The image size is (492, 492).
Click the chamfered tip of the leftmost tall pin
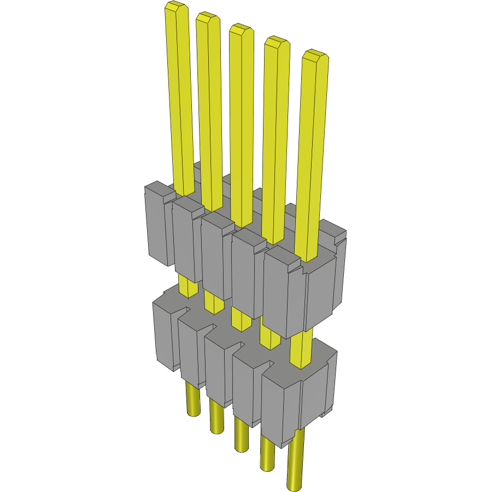coord(176,8)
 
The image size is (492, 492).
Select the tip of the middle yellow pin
coord(241,30)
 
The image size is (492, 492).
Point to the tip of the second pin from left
coord(208,17)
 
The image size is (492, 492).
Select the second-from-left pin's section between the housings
coord(213,302)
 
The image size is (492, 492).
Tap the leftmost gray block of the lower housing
coord(164,333)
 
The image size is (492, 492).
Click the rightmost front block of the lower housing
coord(280,405)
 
